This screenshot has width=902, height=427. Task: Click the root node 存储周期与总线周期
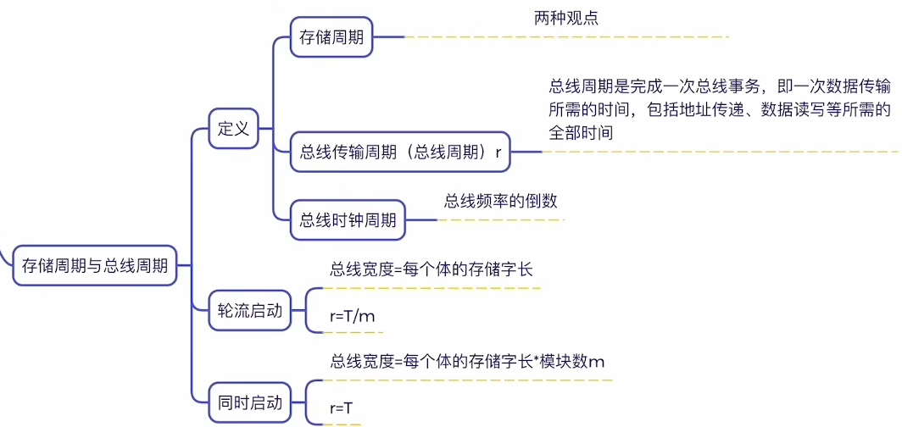coord(94,265)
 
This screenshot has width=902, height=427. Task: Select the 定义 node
coord(233,130)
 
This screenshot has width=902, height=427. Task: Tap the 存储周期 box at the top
coord(331,38)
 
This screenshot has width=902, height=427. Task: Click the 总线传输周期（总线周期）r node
coord(400,152)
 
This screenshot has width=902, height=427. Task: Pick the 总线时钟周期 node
coord(348,220)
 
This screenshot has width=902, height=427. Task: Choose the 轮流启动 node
coord(249,311)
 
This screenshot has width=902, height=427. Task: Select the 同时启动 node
coord(249,402)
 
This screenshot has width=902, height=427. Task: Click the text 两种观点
coord(566,19)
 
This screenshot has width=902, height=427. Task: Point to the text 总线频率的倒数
coord(500,201)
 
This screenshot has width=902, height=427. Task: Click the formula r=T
coord(341,408)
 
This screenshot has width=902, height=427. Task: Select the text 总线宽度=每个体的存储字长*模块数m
coord(467,362)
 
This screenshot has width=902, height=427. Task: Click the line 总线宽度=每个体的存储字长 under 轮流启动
coord(432,269)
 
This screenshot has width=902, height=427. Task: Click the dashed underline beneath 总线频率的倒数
coord(500,219)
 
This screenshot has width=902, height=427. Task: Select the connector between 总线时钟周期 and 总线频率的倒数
coord(421,220)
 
